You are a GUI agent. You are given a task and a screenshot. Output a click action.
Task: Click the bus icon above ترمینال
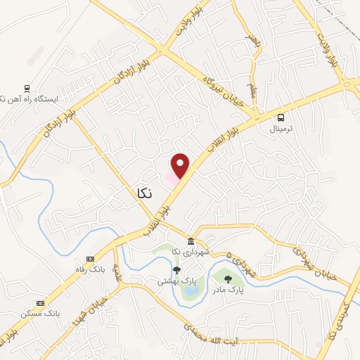pos(281,117)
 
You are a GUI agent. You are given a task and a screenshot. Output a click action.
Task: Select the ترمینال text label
pos(283,130)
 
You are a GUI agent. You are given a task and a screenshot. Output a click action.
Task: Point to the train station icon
pos(27,88)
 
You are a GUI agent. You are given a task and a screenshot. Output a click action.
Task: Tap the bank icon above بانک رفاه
pos(90,259)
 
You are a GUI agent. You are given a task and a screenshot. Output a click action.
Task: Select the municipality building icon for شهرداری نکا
pos(191,242)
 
